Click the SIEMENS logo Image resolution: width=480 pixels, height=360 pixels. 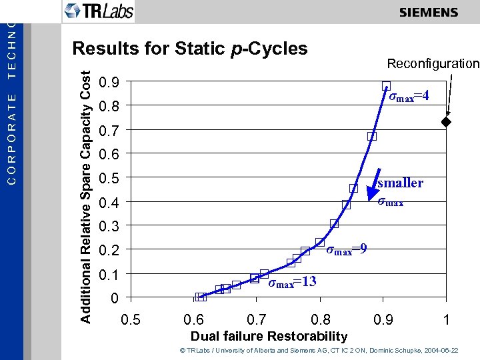429,13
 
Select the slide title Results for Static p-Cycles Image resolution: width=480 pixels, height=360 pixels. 190,49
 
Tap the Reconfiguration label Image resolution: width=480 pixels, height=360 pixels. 433,64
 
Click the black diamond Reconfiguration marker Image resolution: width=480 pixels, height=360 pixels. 446,123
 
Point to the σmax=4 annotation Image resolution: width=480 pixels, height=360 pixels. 408,97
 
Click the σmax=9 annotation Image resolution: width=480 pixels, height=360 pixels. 346,250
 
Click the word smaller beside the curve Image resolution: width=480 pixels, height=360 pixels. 400,183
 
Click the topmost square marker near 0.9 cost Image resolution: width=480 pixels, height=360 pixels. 387,85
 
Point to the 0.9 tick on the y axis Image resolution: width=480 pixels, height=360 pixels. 109,83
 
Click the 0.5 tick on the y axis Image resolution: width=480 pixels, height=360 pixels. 109,178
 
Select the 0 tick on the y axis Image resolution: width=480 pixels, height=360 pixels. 115,297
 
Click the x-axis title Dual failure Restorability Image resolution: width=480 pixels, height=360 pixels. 269,336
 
